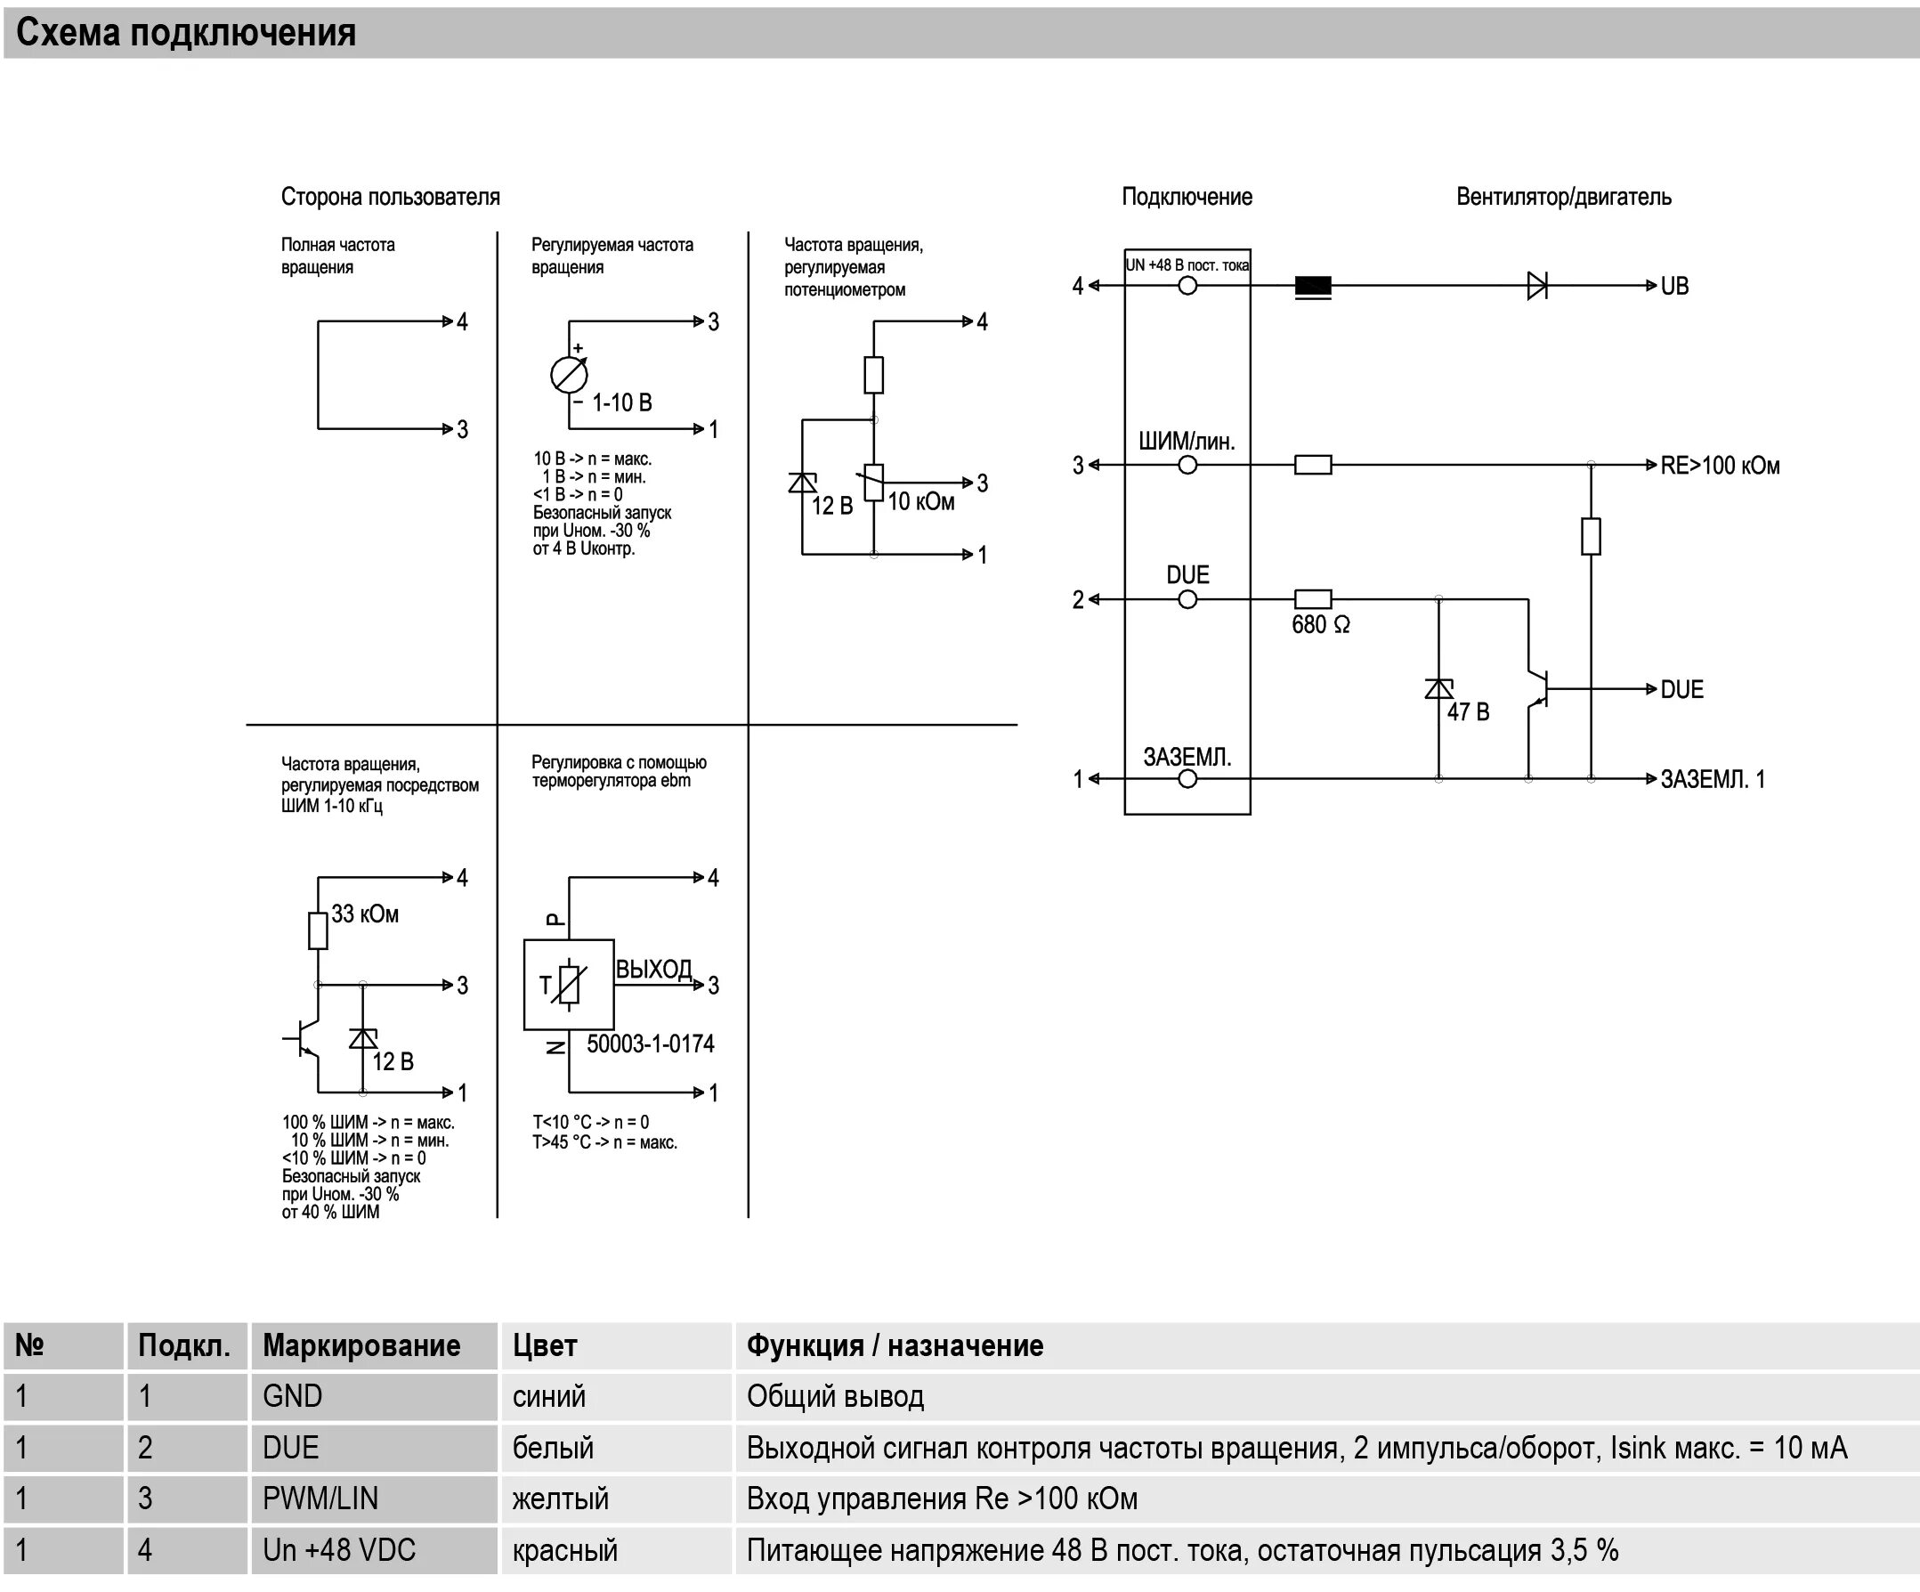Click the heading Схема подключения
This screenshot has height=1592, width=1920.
pos(186,33)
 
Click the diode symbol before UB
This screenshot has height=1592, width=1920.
pos(1537,286)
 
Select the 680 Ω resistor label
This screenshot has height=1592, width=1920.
pos(1320,625)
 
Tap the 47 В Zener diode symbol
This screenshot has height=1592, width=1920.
pos(1438,688)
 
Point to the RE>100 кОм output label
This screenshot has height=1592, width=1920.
pos(1719,466)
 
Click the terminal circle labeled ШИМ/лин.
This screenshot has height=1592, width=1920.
pos(1187,466)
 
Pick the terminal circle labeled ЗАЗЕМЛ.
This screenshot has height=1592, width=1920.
pos(1187,779)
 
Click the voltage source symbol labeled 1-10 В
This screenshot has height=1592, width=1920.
pos(569,375)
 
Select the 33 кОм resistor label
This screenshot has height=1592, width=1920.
pos(365,914)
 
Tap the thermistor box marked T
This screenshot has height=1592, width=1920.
pos(568,985)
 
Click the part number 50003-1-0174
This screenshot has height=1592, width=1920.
pos(650,1044)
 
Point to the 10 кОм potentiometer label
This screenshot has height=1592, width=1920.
pos(920,502)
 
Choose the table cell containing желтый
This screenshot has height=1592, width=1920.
pos(561,1499)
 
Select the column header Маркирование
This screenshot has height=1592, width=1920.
pos(361,1346)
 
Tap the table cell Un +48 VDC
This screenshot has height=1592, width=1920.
pos(339,1550)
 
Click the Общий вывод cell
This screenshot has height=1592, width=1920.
pos(835,1396)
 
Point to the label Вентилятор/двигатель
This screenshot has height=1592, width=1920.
pos(1563,197)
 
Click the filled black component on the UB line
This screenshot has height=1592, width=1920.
pos(1313,286)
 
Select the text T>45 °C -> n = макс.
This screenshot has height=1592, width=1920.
pos(604,1142)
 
